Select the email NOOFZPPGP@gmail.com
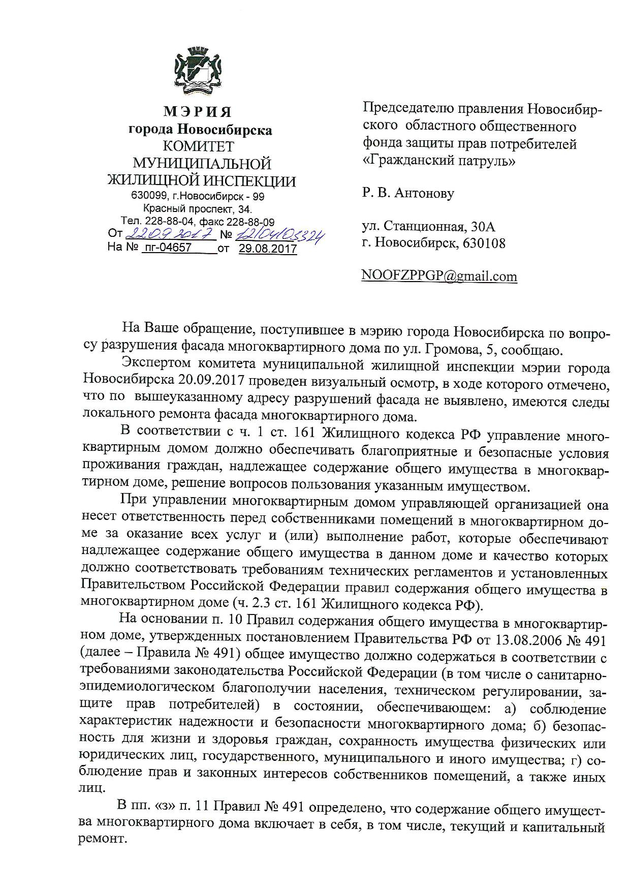point(439,276)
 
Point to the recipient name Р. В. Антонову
point(408,193)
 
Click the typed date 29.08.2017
point(268,249)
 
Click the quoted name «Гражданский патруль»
point(439,161)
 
